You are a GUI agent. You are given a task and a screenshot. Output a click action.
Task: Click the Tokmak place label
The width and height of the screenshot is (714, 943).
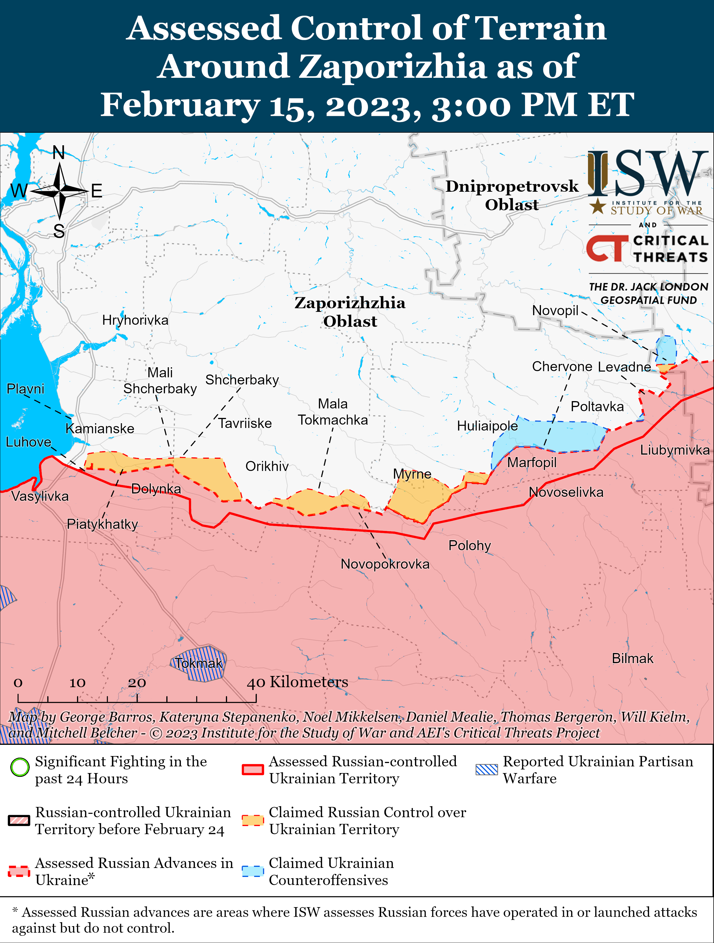[x=199, y=663]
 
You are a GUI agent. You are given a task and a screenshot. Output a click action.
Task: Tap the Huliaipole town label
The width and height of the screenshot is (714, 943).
[x=487, y=426]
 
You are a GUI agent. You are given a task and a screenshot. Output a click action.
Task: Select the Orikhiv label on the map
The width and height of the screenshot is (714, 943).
[x=267, y=466]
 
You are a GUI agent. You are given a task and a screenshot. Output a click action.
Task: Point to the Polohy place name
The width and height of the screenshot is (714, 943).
[x=470, y=546]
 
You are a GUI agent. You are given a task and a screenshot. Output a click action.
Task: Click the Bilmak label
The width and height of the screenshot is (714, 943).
[x=633, y=659]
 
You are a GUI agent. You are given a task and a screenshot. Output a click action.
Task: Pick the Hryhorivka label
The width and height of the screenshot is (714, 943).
[x=135, y=320]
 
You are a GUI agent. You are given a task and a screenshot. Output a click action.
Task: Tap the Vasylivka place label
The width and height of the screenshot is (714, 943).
[x=40, y=496]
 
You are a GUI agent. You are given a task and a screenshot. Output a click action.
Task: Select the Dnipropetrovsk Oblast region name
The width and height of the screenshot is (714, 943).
[x=512, y=195]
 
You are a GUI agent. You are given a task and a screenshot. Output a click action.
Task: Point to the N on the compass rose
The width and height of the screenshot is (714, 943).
[x=59, y=153]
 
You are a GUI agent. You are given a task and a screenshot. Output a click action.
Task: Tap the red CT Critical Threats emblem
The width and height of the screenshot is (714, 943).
[x=606, y=249]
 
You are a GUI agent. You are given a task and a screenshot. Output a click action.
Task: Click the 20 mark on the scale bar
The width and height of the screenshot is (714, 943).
[x=137, y=683]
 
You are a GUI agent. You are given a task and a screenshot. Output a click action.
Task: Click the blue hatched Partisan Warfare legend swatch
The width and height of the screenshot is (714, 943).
[x=486, y=769]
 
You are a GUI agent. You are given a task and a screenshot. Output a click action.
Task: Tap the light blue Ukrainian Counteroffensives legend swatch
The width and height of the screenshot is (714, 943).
[x=253, y=871]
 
